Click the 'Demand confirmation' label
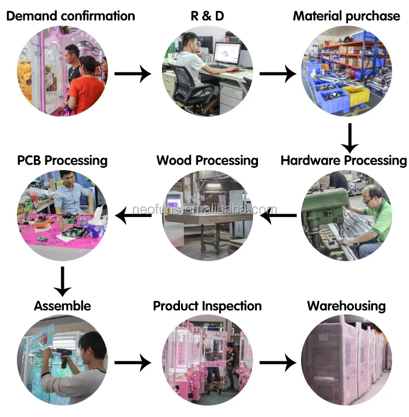70,16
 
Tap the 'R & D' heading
207,16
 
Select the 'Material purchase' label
346,16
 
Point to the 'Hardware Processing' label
344,160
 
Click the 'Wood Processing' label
207,160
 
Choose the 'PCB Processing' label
62,160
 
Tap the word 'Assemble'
62,305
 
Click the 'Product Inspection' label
207,305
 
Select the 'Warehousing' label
346,305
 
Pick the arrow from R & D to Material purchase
278,73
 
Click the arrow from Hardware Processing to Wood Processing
278,217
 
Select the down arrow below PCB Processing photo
63,281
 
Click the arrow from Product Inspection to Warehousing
278,362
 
